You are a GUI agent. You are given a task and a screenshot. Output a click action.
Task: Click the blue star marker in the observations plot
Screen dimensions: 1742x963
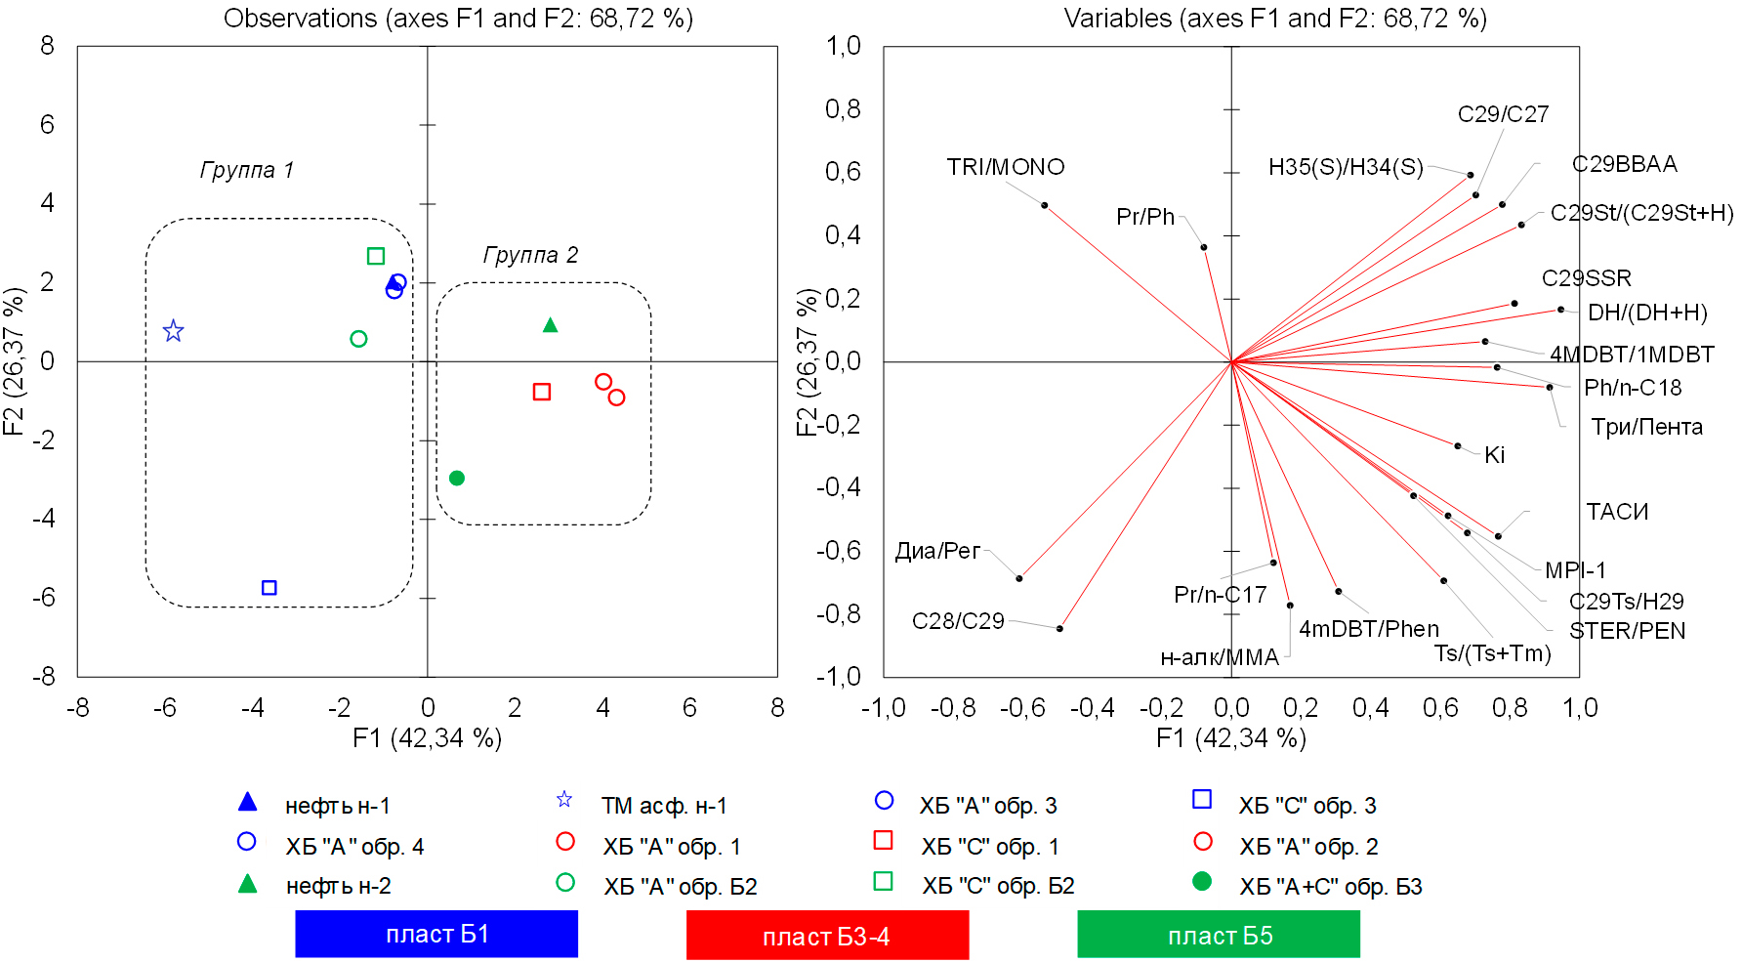click(173, 331)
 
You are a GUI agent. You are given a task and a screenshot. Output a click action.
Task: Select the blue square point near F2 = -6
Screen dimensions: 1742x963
click(270, 588)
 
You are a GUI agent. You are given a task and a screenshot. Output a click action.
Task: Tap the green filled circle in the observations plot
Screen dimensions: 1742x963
click(457, 479)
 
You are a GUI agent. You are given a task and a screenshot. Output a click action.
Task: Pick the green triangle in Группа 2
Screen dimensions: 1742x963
click(550, 324)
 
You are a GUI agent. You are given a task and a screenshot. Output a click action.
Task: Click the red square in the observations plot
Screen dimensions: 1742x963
click(542, 392)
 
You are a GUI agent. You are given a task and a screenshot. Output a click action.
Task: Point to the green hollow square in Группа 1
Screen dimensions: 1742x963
click(376, 256)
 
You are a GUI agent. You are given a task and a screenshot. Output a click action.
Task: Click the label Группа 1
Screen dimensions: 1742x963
click(247, 170)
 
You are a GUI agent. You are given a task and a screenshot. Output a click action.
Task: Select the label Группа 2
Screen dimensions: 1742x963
click(530, 255)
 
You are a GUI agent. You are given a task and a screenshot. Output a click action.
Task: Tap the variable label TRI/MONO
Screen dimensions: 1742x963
click(1006, 167)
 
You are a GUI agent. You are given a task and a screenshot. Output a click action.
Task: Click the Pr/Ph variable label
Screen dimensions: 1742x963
click(1145, 216)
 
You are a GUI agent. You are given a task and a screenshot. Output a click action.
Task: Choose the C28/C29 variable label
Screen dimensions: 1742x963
click(958, 621)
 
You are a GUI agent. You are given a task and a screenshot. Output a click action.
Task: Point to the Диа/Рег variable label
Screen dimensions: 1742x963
click(937, 551)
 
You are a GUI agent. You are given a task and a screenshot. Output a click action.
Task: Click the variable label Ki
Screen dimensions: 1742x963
click(1494, 455)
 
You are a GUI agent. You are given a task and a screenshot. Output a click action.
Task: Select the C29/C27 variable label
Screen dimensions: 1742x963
click(1503, 114)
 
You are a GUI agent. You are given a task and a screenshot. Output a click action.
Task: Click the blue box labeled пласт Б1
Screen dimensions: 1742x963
click(436, 934)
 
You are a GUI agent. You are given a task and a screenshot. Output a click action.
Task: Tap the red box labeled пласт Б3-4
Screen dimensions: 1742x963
click(827, 936)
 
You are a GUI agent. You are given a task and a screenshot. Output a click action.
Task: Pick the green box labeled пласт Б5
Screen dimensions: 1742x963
click(1219, 935)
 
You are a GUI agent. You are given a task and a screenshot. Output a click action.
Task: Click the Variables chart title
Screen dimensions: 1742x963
click(1275, 19)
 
